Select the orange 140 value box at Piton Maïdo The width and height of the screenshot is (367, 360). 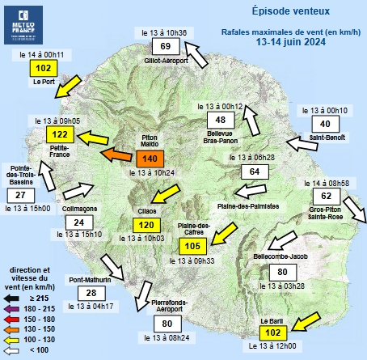pyautogui.click(x=150, y=159)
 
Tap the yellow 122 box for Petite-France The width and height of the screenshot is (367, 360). pyautogui.click(x=59, y=134)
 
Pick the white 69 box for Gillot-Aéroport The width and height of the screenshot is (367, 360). pyautogui.click(x=166, y=46)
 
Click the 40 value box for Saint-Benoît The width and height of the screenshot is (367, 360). pyautogui.click(x=325, y=124)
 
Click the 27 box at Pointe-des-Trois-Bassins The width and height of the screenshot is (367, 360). pyautogui.click(x=22, y=195)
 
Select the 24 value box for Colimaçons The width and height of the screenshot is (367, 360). pyautogui.click(x=78, y=222)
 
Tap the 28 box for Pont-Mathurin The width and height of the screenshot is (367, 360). pyautogui.click(x=91, y=293)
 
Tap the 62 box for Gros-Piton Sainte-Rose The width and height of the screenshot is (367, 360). pyautogui.click(x=326, y=196)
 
